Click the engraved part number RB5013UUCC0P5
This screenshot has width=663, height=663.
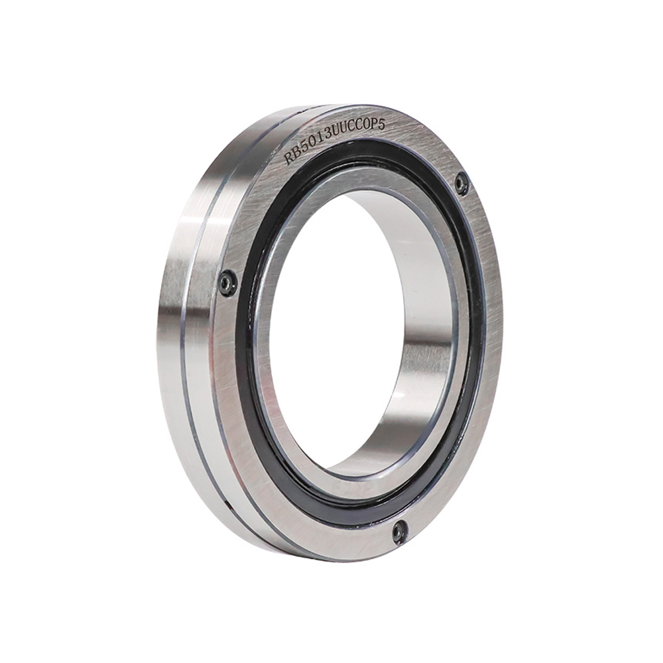(x=335, y=140)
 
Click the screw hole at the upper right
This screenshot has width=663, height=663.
(x=461, y=183)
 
